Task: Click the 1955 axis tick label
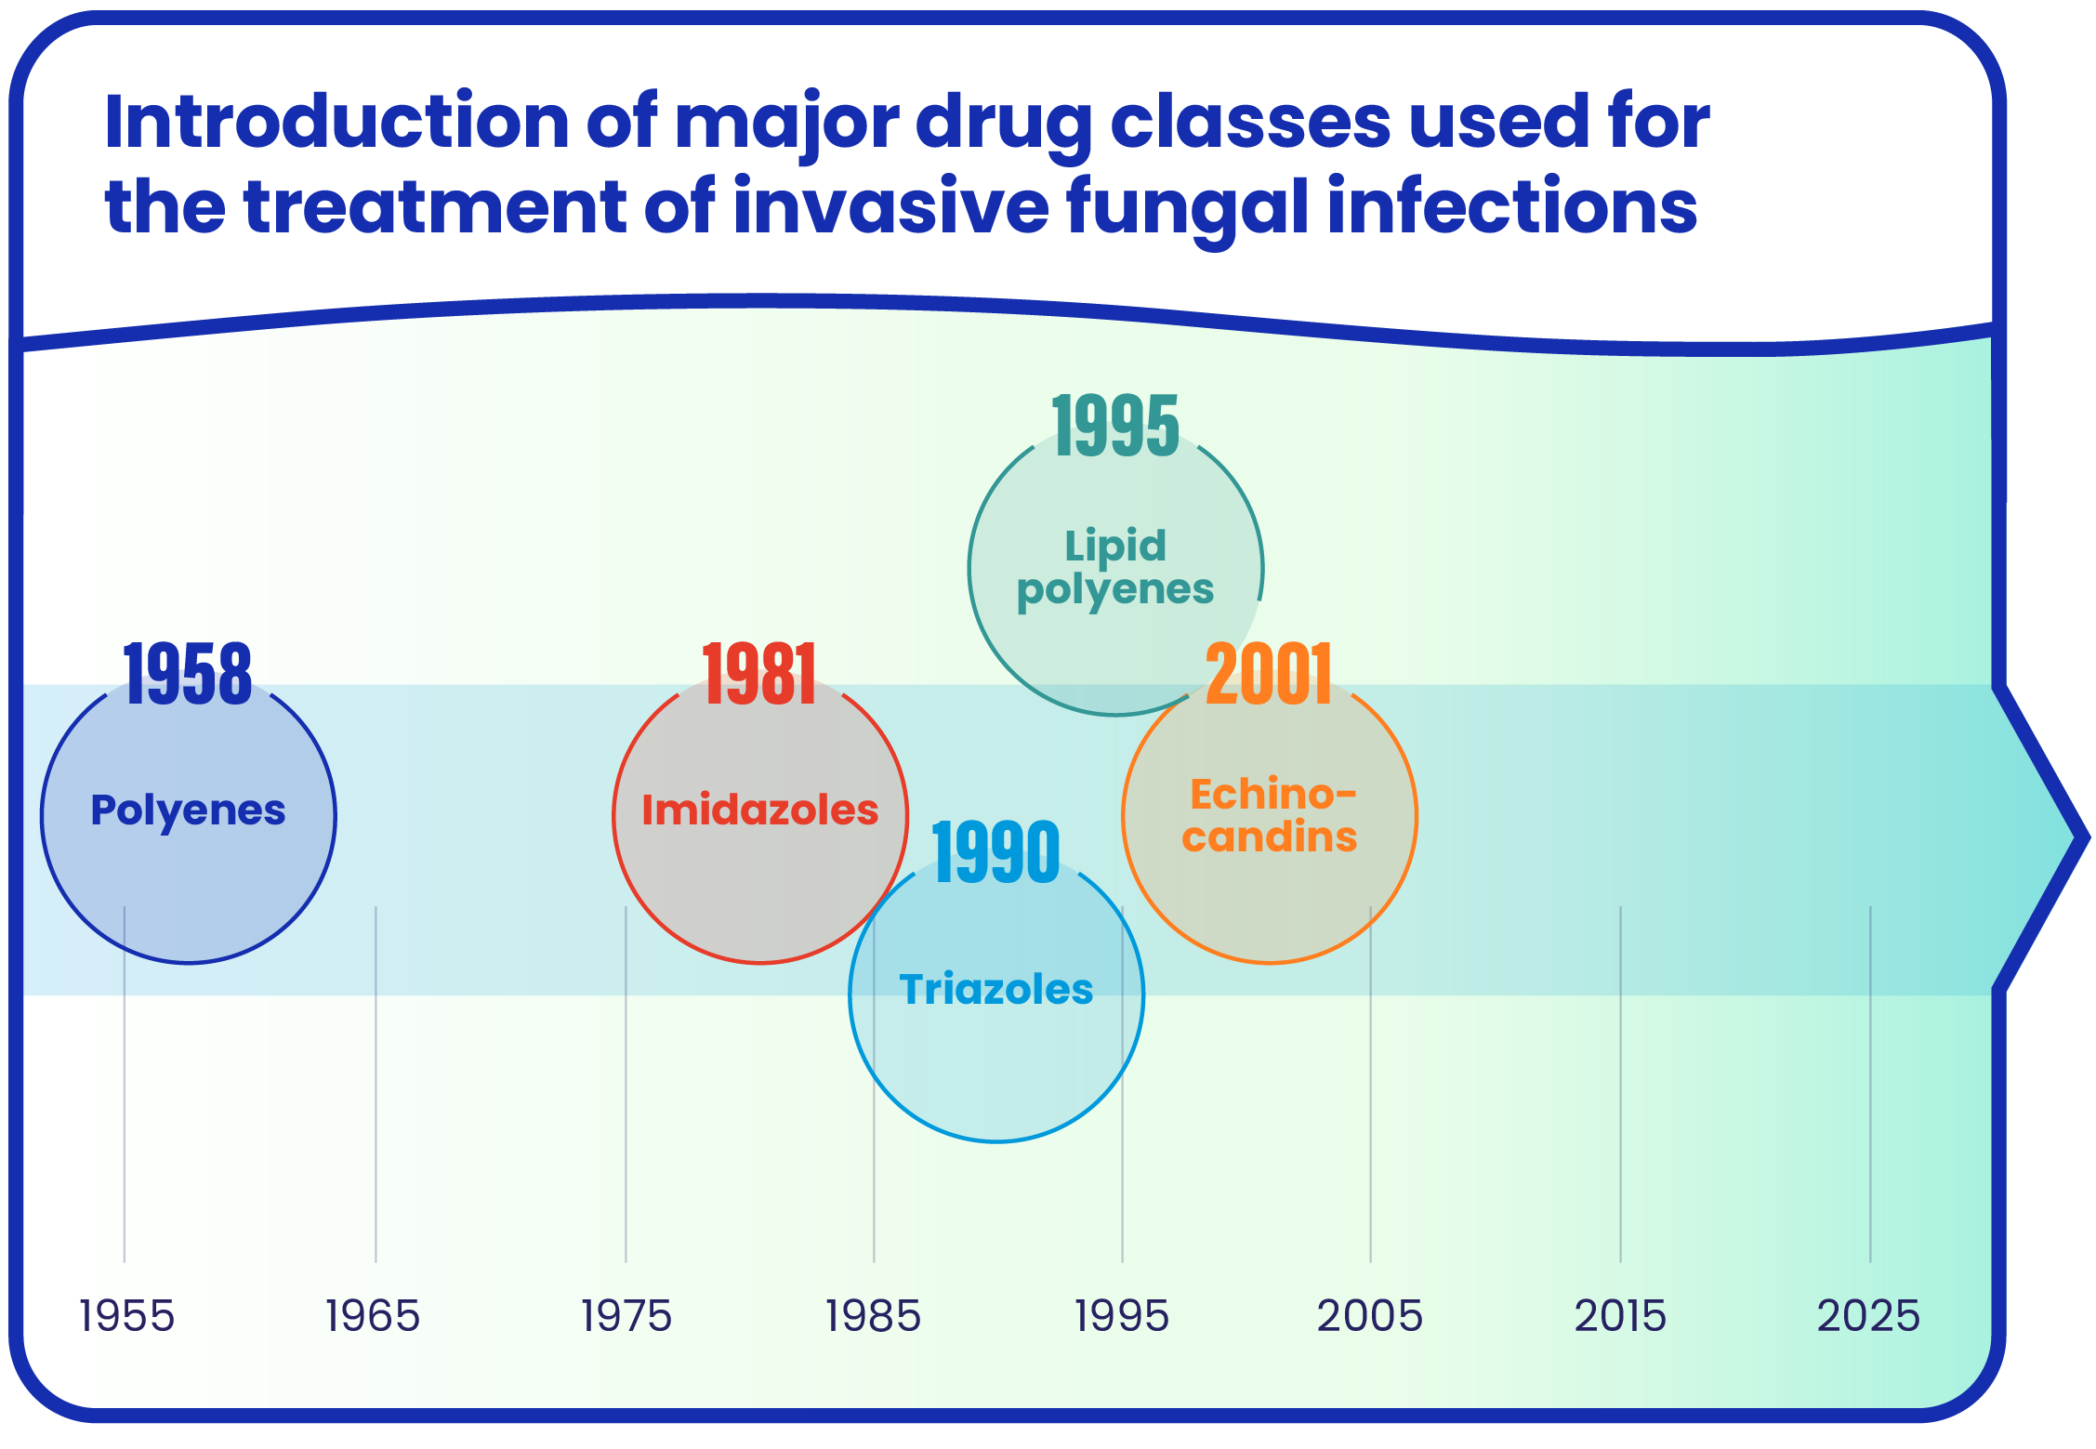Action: coord(126,1316)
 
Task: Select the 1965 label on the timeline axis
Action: coord(373,1316)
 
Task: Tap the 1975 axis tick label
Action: coord(626,1316)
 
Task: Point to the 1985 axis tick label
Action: coord(873,1316)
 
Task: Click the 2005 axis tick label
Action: coord(1370,1316)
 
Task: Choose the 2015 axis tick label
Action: coord(1620,1316)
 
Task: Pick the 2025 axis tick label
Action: coord(1868,1316)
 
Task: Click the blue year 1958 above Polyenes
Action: coord(188,674)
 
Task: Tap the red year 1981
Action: coord(759,674)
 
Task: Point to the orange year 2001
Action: coord(1269,674)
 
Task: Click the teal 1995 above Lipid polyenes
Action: coord(1115,426)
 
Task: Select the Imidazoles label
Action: coord(759,810)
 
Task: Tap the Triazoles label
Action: coord(995,989)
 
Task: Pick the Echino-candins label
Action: coord(1270,815)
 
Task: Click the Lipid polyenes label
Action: coord(1115,568)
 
